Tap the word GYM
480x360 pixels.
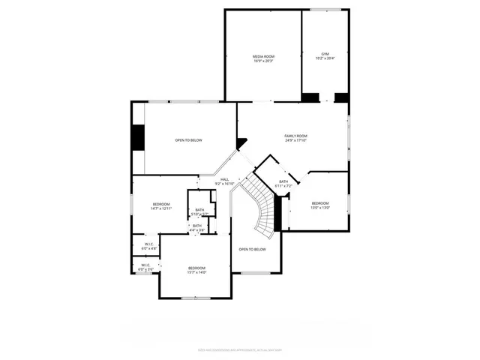click(x=325, y=54)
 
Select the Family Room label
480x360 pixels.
click(x=295, y=136)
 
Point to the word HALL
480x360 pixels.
click(x=224, y=179)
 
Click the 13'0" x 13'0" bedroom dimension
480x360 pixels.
click(x=320, y=208)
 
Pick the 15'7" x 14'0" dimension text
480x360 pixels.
click(x=196, y=272)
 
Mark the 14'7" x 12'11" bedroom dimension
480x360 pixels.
click(x=161, y=208)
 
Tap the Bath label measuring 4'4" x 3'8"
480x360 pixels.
click(x=196, y=226)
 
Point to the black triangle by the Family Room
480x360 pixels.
click(x=241, y=142)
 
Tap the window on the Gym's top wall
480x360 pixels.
click(x=325, y=10)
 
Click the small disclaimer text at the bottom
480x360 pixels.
click(x=239, y=349)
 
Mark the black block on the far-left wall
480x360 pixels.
click(x=137, y=137)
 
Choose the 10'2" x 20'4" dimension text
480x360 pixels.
click(x=325, y=58)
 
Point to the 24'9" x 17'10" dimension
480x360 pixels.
click(x=295, y=140)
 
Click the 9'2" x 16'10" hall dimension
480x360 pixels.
click(x=224, y=184)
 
